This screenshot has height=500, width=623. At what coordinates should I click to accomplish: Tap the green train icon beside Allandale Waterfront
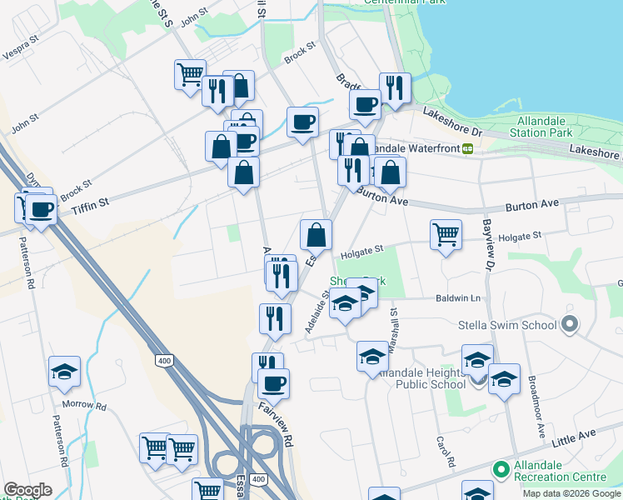click(x=468, y=148)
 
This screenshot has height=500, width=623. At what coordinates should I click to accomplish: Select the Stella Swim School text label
click(x=506, y=324)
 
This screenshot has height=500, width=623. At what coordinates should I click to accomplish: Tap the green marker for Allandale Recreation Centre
click(x=501, y=469)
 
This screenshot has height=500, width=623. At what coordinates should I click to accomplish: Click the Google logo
click(x=27, y=490)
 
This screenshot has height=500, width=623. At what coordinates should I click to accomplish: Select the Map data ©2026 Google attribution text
click(x=571, y=493)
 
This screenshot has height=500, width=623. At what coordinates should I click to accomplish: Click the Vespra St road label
click(x=22, y=52)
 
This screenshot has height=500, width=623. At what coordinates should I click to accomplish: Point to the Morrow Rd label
click(x=89, y=407)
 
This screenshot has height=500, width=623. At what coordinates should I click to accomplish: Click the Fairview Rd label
click(x=277, y=422)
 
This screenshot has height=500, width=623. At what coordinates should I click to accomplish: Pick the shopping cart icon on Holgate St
click(x=446, y=234)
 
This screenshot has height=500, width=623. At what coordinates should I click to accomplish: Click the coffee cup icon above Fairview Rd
click(x=273, y=383)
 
